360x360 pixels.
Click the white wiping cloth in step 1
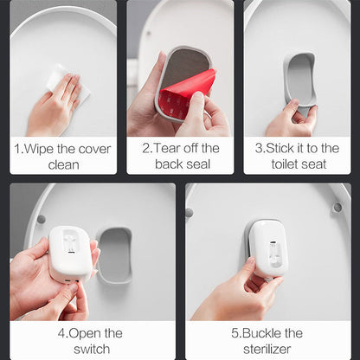(59, 80)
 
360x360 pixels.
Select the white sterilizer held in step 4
(69, 252)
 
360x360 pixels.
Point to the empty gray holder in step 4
(114, 254)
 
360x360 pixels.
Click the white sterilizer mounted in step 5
(268, 247)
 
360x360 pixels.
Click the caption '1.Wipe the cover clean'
(63, 156)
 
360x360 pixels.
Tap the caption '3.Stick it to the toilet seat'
(299, 156)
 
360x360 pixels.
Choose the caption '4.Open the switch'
(91, 341)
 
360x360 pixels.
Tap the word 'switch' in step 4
(91, 349)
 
